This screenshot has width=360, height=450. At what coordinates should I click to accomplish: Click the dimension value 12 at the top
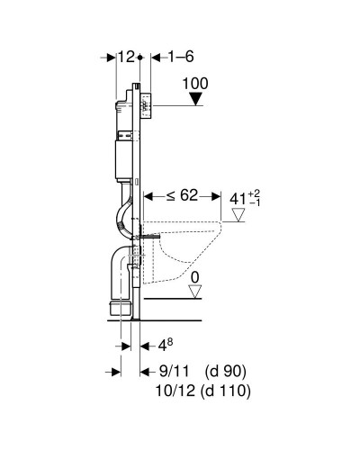pos(126,57)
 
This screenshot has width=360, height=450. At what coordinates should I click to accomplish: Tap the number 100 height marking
pos(195,83)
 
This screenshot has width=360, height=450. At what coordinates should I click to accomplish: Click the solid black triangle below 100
pos(194,98)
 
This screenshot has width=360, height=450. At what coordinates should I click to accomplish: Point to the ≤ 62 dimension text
pos(171,193)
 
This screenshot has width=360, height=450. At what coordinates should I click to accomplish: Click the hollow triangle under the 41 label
pos(238,214)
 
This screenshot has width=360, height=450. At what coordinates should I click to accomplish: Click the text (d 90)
pos(226,370)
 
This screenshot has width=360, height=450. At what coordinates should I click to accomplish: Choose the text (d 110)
pos(228,391)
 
